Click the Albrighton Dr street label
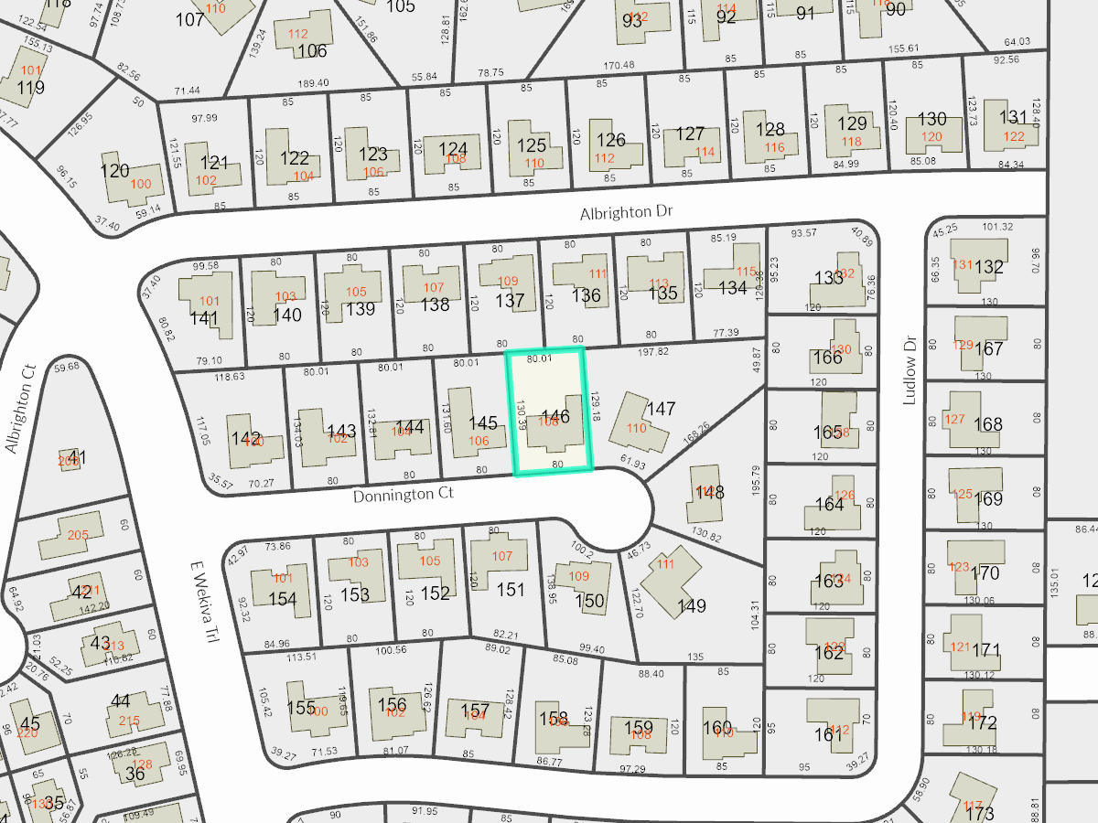626,212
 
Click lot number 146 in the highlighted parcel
555,417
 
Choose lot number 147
661,408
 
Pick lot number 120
114,171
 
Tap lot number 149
692,606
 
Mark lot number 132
989,267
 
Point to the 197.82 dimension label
651,351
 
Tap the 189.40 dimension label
314,83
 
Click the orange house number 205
77,535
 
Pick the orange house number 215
129,721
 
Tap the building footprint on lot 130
933,135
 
